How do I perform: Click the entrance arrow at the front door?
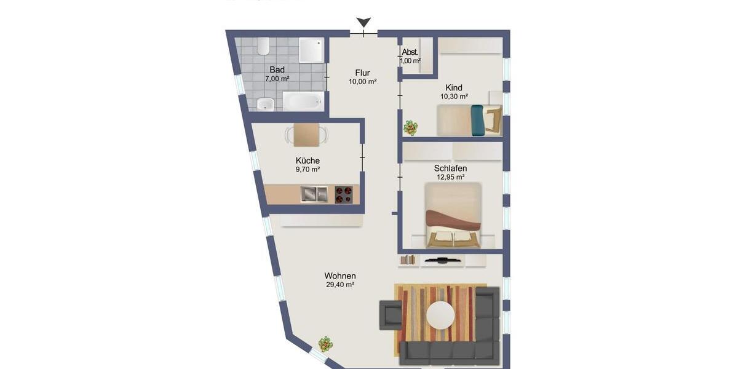363,23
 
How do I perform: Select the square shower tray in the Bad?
311,50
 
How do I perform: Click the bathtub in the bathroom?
303,101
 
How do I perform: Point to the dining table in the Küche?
306,135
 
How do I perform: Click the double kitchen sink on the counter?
314,194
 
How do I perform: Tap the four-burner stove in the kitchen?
344,194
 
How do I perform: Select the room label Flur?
362,72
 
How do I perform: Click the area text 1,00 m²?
410,61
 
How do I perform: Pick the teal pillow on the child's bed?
477,119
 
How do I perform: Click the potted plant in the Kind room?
410,128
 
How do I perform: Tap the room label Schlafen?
450,168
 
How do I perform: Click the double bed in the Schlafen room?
454,215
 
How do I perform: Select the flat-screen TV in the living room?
442,260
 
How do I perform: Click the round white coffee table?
440,315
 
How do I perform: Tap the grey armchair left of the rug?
390,314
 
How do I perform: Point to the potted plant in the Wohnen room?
325,344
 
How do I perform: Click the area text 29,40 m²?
339,285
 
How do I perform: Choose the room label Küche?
307,161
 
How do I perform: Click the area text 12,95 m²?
450,177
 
